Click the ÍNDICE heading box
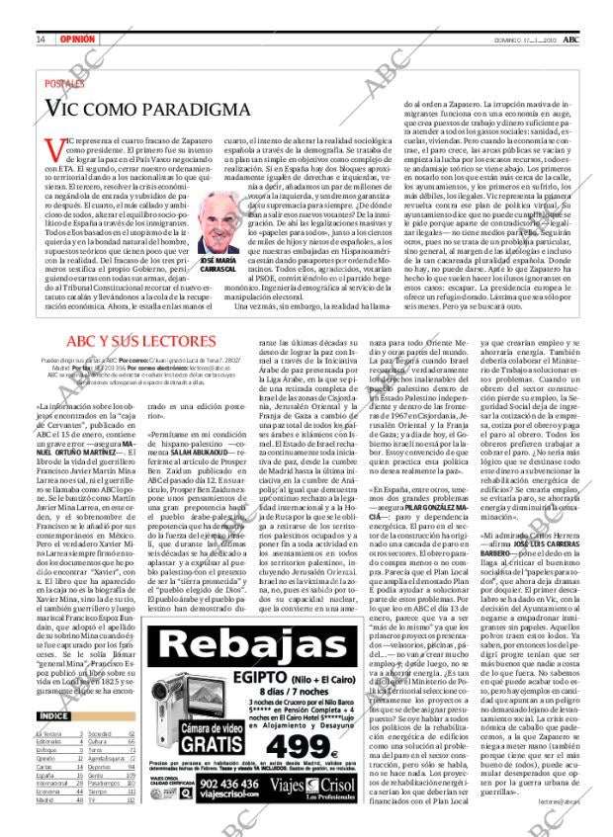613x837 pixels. [53, 716]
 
